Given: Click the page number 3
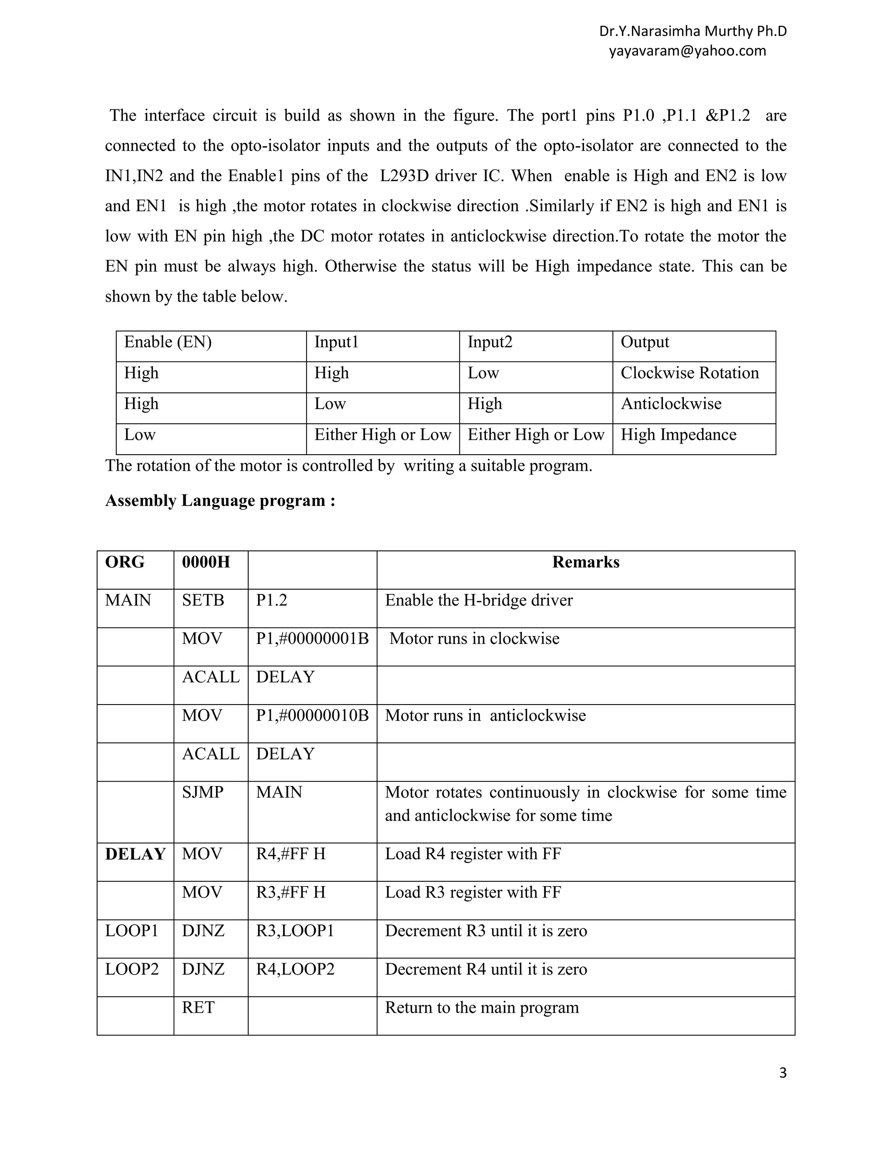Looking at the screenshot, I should pyautogui.click(x=783, y=1073).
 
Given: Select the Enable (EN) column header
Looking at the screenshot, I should pyautogui.click(x=168, y=342).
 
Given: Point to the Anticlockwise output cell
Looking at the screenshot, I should pyautogui.click(x=671, y=404).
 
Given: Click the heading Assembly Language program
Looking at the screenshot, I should pyautogui.click(x=220, y=500).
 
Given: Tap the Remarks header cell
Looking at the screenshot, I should pyautogui.click(x=585, y=562).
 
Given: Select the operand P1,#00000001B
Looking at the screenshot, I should pyautogui.click(x=312, y=638).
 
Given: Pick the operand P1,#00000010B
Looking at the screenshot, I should pyautogui.click(x=312, y=715).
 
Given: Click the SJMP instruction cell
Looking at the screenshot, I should pyautogui.click(x=203, y=792).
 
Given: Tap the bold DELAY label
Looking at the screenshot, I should pyautogui.click(x=135, y=854).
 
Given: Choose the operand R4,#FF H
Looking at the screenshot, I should pyautogui.click(x=291, y=854).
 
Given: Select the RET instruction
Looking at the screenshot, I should pyautogui.click(x=198, y=1008).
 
